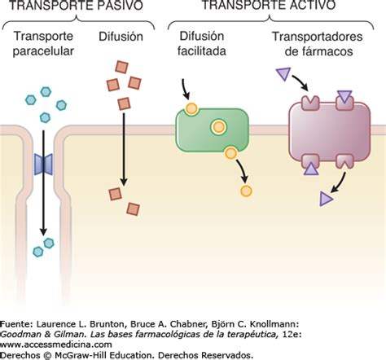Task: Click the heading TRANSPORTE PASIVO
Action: point(76,5)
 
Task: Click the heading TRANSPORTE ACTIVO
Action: point(269,5)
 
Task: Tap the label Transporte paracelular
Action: point(43,43)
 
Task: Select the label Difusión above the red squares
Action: point(121,37)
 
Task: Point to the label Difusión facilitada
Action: point(202,43)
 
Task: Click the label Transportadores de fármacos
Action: point(318,44)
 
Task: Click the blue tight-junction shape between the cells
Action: point(43,165)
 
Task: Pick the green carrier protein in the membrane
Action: point(213,130)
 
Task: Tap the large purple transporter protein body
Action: point(330,132)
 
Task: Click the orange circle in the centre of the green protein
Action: point(218,127)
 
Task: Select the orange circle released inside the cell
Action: point(246,191)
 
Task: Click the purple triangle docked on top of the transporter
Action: point(344,96)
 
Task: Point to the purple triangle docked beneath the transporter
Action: point(311,169)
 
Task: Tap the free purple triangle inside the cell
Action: point(326,199)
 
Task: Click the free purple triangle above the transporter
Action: point(283,73)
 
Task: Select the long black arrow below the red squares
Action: point(124,149)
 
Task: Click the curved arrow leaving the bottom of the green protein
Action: point(243,169)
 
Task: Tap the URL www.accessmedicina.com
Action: point(56,345)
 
